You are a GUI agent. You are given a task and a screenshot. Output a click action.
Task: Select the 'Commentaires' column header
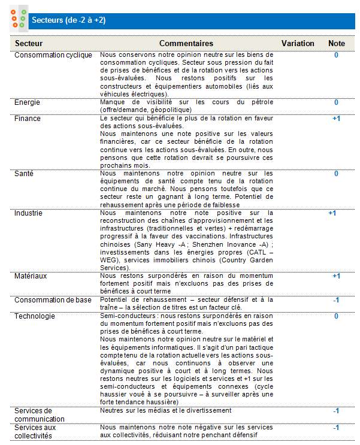(186, 44)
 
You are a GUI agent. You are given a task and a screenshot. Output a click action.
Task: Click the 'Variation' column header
(298, 44)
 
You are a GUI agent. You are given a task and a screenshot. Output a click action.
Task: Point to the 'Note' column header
(337, 44)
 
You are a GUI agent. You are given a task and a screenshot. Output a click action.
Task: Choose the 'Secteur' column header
(29, 44)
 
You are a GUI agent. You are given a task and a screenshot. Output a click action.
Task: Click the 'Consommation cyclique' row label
(53, 55)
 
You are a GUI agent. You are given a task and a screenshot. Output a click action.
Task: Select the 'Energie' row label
(28, 102)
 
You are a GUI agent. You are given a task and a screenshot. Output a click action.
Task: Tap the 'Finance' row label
(28, 119)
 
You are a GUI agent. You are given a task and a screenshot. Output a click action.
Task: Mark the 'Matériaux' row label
(31, 276)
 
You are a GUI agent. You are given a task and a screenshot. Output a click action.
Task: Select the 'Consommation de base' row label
(53, 300)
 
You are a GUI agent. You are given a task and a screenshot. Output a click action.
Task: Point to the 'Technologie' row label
(35, 316)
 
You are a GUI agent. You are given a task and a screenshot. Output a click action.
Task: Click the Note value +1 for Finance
(336, 119)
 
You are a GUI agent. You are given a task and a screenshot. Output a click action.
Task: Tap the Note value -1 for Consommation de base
(336, 300)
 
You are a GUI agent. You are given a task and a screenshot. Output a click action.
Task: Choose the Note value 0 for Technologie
(336, 316)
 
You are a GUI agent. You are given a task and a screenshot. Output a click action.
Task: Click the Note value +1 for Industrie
(332, 213)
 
